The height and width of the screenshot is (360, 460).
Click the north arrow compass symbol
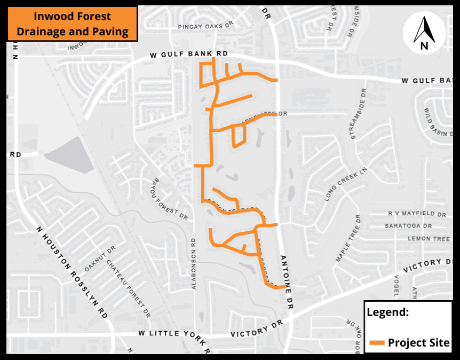pyautogui.click(x=424, y=33)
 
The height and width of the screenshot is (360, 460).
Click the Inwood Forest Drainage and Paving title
pyautogui.click(x=73, y=24)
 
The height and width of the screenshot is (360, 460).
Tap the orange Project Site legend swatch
pyautogui.click(x=377, y=343)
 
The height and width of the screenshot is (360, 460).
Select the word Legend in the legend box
pyautogui.click(x=387, y=312)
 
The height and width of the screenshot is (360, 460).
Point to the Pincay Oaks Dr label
pyautogui.click(x=206, y=25)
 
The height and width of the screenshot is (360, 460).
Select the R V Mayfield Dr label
pyautogui.click(x=417, y=214)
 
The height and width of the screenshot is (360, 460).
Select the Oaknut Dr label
pyautogui.click(x=100, y=259)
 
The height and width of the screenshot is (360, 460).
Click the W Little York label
pyautogui.click(x=166, y=333)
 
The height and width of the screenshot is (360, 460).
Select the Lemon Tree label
pyautogui.click(x=429, y=239)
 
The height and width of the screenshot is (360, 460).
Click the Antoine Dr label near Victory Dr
pyautogui.click(x=287, y=281)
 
